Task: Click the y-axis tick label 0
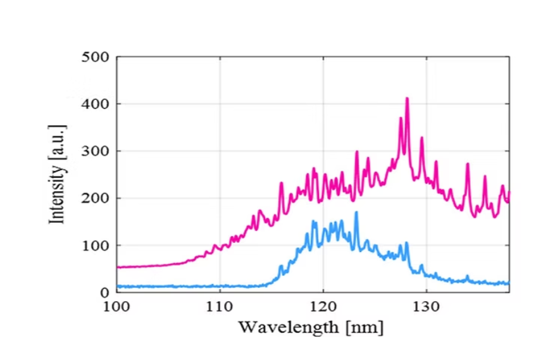104,292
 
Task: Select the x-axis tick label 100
116,306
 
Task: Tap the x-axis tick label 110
220,306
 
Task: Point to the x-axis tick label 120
323,306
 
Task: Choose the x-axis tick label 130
427,306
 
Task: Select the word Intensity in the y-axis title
58,191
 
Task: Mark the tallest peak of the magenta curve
407,99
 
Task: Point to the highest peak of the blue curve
356,213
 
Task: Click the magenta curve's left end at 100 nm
118,267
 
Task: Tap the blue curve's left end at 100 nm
118,286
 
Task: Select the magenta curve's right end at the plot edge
508,194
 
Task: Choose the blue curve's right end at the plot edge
508,283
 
